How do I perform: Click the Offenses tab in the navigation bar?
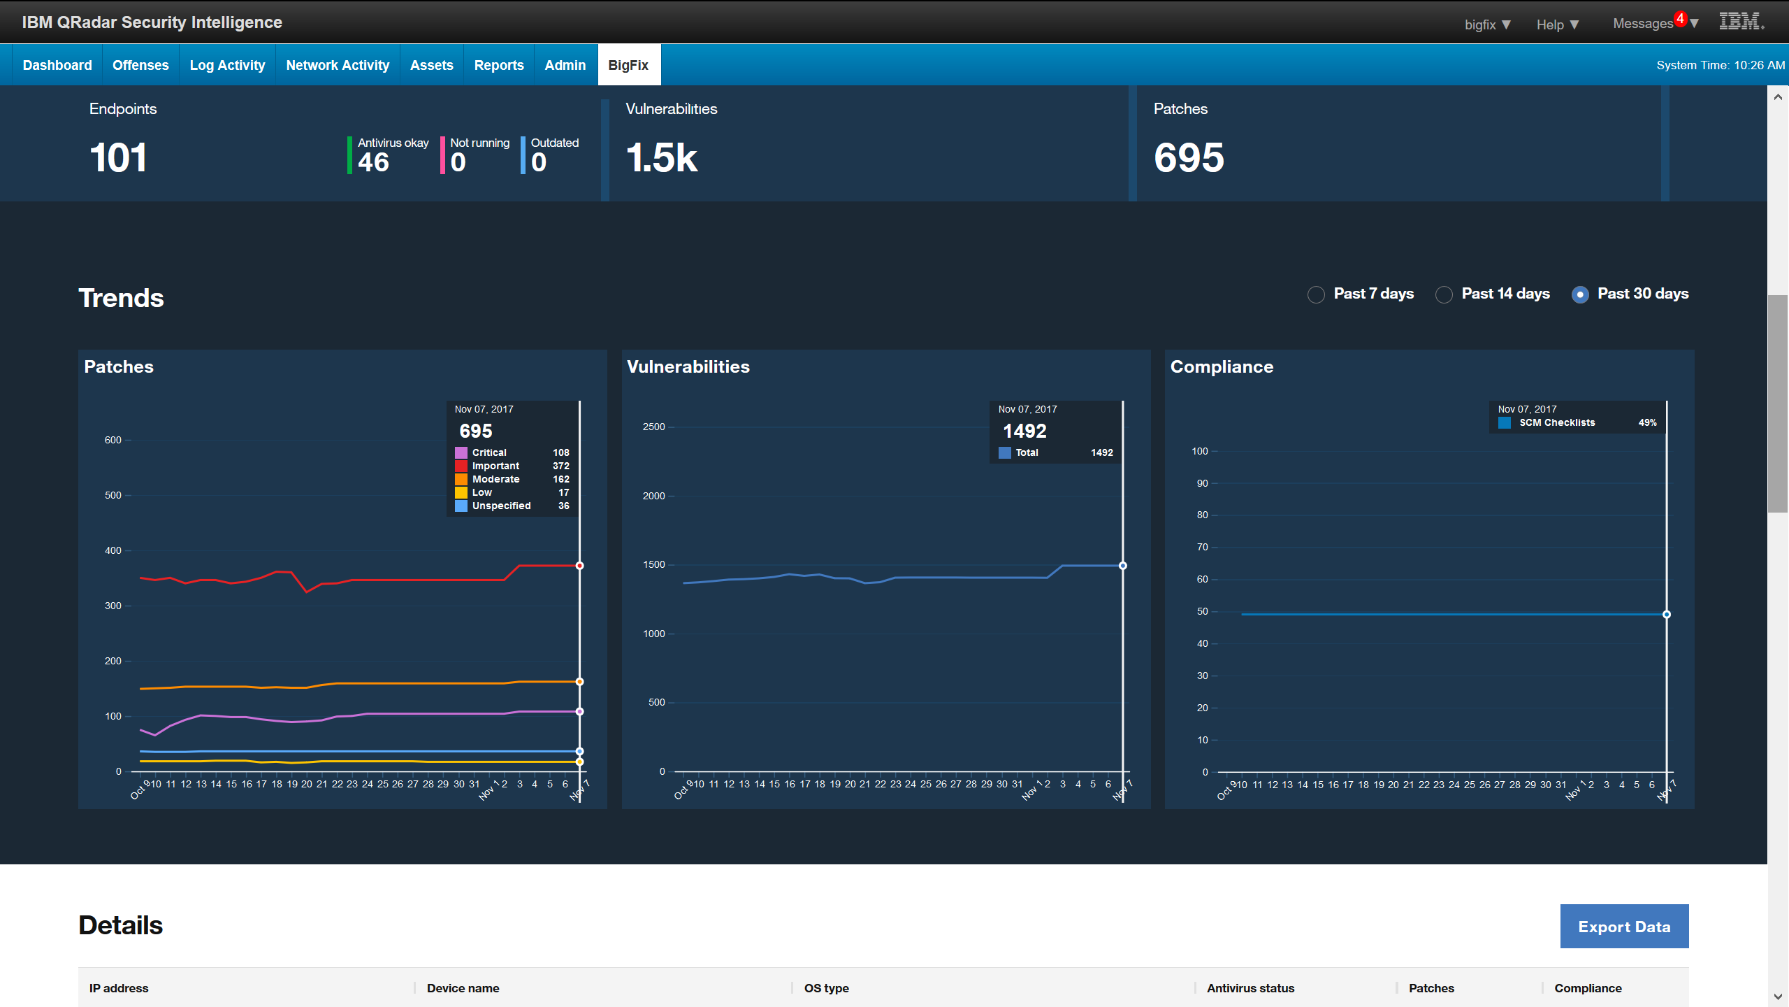140,65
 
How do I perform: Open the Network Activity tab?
338,65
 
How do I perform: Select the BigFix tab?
628,65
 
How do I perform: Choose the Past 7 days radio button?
1316,294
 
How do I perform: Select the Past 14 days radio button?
1444,294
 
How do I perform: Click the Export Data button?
1624,926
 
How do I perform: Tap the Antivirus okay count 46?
373,162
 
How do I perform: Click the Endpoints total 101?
119,157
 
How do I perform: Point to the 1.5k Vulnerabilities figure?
662,157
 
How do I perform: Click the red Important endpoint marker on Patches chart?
579,565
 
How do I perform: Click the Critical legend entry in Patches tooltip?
489,452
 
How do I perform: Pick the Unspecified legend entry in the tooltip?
501,506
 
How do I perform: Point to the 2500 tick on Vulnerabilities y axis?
653,427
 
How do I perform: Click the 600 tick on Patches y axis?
113,440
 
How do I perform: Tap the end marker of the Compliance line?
1667,615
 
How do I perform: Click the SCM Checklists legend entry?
1556,422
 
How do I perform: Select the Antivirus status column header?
1250,988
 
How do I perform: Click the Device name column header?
463,988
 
